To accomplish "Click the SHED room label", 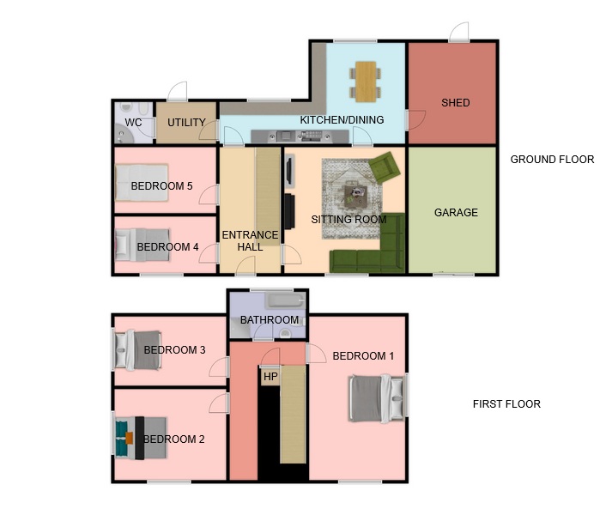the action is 455,102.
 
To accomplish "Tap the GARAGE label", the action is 456,212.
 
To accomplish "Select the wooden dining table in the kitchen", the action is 366,82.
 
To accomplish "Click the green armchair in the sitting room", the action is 385,167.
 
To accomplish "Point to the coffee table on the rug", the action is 356,197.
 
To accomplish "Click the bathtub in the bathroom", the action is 286,300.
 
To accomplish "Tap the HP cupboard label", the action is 270,377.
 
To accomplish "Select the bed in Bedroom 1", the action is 377,399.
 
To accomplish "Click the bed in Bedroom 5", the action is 142,183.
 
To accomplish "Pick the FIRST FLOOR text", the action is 506,404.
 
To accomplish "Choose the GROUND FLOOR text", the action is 552,159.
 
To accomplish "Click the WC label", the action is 133,123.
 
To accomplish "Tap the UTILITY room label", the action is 186,123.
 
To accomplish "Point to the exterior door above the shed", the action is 459,32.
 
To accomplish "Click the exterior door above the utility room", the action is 178,92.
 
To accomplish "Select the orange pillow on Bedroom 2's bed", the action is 130,438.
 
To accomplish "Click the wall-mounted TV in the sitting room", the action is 289,170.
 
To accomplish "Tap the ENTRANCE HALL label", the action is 250,240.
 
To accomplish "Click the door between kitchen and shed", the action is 415,120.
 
